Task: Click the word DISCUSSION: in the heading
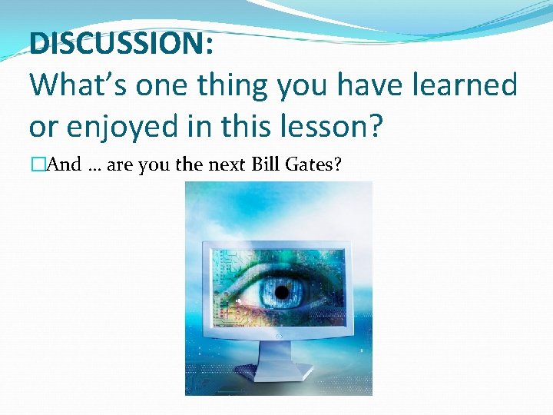121,43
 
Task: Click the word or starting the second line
42,126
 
